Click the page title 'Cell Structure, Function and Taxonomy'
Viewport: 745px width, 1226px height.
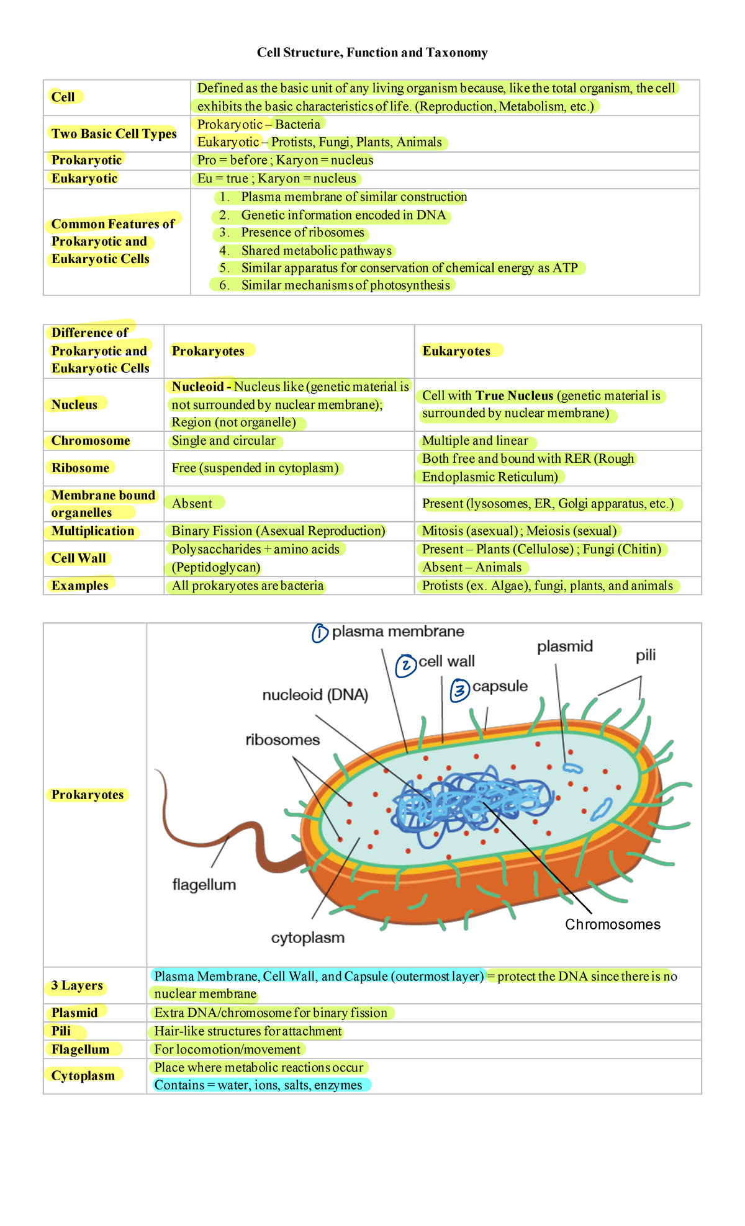coord(372,53)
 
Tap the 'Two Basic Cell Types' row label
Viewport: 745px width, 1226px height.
coord(114,133)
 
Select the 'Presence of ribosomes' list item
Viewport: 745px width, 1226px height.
coord(302,233)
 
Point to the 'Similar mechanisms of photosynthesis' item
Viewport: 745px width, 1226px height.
coord(345,285)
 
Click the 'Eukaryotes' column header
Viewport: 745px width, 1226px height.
coord(456,351)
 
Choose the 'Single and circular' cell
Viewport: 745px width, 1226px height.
coord(223,441)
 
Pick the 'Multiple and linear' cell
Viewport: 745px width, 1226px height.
coord(475,441)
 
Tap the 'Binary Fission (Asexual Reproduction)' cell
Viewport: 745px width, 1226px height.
coord(278,531)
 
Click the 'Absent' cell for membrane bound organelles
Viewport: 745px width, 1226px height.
coord(192,504)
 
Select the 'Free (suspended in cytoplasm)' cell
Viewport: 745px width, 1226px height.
coord(255,468)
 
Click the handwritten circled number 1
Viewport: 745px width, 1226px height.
coord(320,633)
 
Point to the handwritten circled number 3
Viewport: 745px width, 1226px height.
coord(459,689)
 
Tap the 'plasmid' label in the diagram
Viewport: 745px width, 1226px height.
coord(565,647)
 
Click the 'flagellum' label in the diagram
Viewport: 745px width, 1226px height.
coord(204,885)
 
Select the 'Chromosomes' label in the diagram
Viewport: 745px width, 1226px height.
coord(612,924)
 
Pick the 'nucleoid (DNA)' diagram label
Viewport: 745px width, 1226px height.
coord(315,695)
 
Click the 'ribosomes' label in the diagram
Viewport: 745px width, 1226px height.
coord(282,740)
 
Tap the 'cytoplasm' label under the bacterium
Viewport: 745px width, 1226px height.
coord(307,937)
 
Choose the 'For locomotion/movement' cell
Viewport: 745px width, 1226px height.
coord(227,1049)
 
